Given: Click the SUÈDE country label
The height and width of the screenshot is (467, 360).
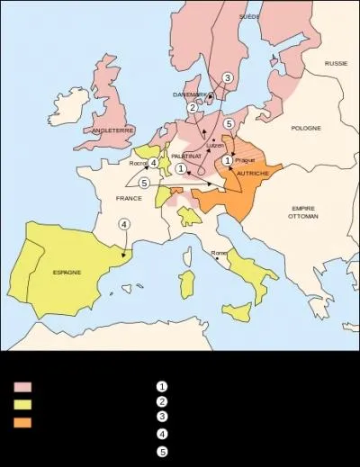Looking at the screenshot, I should click(x=249, y=17).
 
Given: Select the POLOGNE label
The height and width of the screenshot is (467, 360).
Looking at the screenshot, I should click(x=305, y=129).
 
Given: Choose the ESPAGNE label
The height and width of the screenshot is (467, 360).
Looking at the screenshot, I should click(x=67, y=272).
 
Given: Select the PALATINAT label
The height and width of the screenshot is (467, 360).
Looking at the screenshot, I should click(x=184, y=156).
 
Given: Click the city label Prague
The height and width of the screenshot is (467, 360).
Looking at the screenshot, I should click(x=244, y=159).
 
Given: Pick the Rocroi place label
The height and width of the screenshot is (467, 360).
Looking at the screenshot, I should click(x=138, y=163).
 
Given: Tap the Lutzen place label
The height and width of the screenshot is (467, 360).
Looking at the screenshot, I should click(x=214, y=145).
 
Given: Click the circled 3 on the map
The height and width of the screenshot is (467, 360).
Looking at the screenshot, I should click(x=228, y=78).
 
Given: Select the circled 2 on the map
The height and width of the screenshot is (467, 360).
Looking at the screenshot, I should click(x=192, y=108).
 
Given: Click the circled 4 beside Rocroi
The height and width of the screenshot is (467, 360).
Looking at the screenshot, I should click(x=154, y=163).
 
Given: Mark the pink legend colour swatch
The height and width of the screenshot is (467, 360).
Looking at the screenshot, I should click(x=22, y=387).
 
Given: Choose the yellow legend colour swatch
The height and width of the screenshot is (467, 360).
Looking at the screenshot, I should click(x=22, y=404).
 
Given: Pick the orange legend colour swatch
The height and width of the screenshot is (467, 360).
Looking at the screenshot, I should click(x=22, y=421).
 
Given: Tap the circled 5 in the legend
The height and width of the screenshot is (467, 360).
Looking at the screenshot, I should click(x=162, y=452).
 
